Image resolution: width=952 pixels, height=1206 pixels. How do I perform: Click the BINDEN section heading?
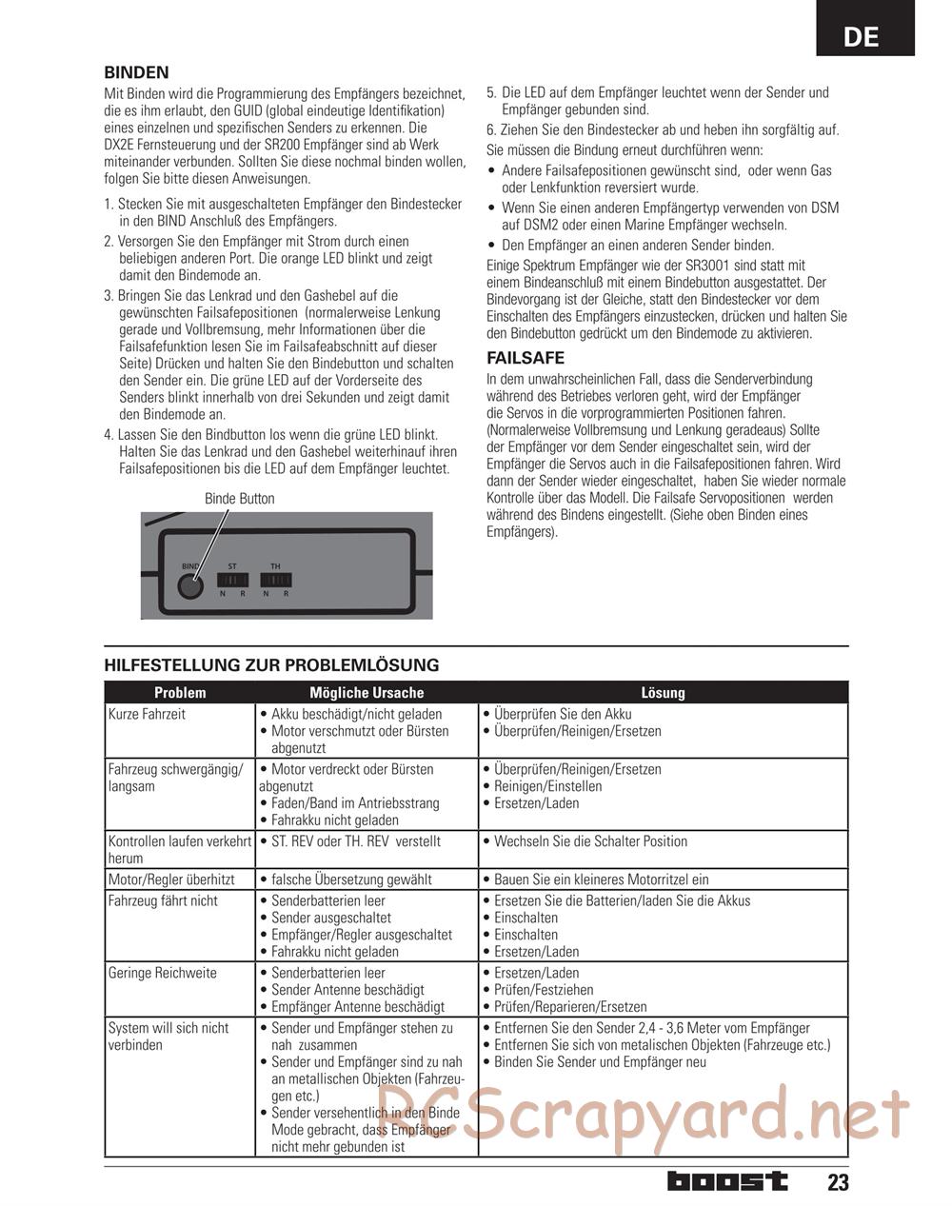[136, 72]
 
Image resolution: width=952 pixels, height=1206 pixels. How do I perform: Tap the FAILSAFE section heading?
[525, 358]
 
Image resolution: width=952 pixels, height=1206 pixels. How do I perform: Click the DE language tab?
[862, 36]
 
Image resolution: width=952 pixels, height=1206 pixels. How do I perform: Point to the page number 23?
[837, 1182]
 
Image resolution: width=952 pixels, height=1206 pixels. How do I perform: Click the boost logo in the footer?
[727, 1181]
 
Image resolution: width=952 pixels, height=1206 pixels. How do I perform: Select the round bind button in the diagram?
[191, 586]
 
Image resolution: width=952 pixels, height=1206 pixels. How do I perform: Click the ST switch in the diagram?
[232, 580]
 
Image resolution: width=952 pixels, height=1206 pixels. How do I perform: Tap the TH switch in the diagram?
[275, 580]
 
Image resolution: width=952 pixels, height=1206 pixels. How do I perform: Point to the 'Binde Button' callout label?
[239, 499]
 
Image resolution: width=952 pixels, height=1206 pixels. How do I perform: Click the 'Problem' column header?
[180, 693]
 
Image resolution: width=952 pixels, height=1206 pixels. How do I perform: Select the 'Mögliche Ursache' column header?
[367, 693]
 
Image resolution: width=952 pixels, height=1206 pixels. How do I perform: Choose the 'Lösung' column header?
[663, 693]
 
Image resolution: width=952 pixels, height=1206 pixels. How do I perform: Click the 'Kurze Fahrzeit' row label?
[147, 714]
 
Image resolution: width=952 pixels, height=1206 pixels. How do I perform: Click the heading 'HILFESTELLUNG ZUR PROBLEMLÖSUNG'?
[271, 665]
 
